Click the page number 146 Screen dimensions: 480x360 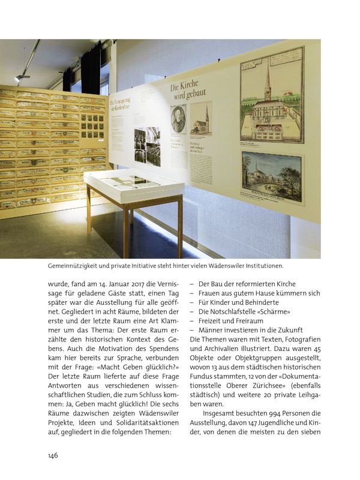pos(52,455)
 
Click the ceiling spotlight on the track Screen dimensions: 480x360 pos(22,77)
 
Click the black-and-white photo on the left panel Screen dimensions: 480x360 pos(146,145)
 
